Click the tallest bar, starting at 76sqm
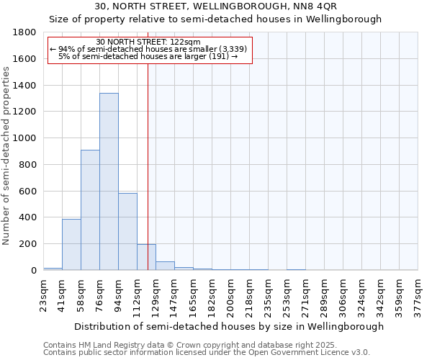pyautogui.click(x=109, y=181)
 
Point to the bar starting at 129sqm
pyautogui.click(x=165, y=266)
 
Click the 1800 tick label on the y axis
pyautogui.click(x=24, y=32)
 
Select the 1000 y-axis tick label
pyautogui.click(x=24, y=138)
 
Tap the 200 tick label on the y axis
pyautogui.click(x=27, y=244)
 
